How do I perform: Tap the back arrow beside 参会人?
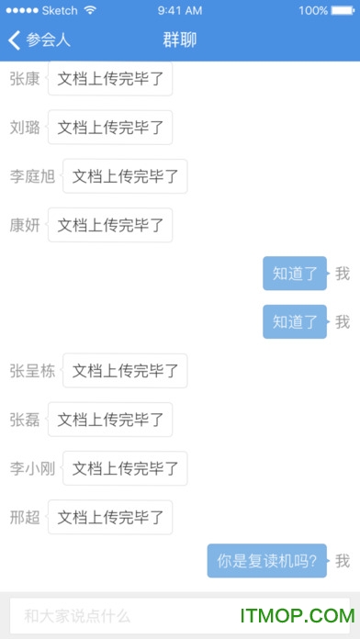click(14, 40)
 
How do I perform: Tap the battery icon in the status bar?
click(343, 11)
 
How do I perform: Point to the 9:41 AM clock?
click(180, 11)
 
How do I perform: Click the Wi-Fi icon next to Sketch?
click(90, 11)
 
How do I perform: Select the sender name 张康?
click(25, 79)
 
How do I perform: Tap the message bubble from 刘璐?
click(110, 128)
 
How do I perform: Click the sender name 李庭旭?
click(32, 176)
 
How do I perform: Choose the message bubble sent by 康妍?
click(110, 225)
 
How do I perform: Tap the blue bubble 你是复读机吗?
click(267, 560)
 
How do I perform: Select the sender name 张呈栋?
click(32, 371)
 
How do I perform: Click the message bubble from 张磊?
click(110, 420)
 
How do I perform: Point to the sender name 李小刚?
click(32, 468)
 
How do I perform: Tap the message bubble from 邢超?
click(110, 517)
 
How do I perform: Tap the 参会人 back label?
click(49, 40)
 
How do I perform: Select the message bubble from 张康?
click(110, 79)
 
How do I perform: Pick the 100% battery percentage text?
click(312, 11)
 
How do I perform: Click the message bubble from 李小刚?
click(125, 468)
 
